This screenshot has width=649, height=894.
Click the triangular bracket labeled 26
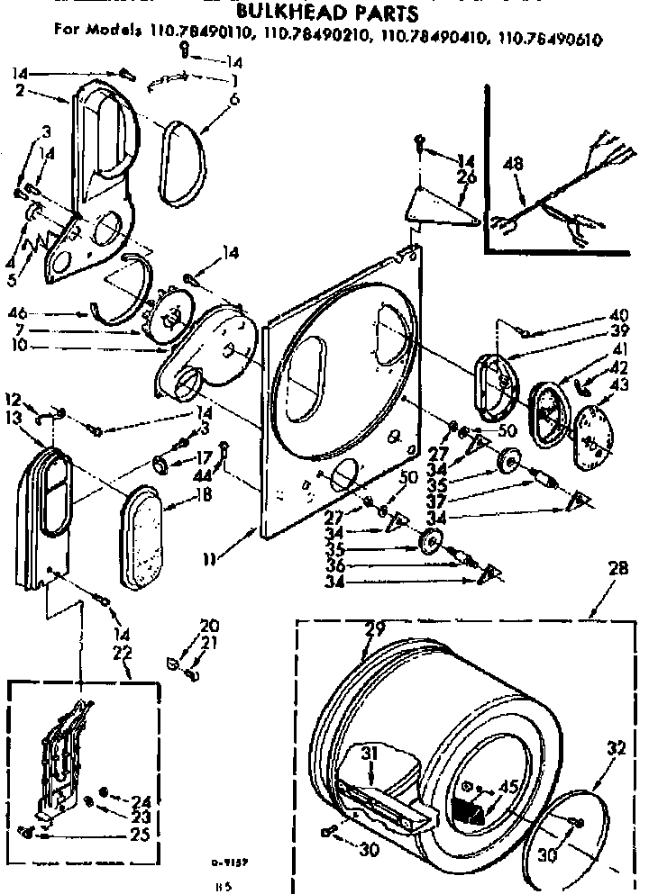click(x=438, y=205)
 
